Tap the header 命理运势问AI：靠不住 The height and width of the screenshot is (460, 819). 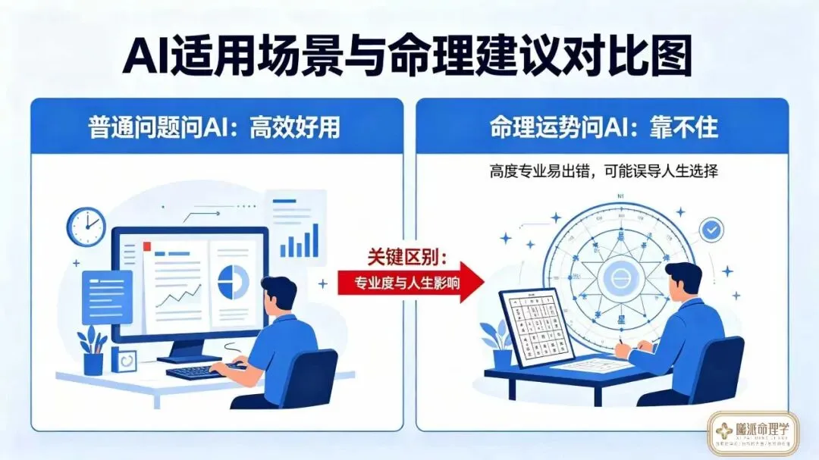604,127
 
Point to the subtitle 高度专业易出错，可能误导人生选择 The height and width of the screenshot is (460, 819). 604,172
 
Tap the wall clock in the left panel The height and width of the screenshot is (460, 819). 86,226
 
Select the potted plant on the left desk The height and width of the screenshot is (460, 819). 93,351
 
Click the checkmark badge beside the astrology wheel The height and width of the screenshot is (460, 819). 711,230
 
